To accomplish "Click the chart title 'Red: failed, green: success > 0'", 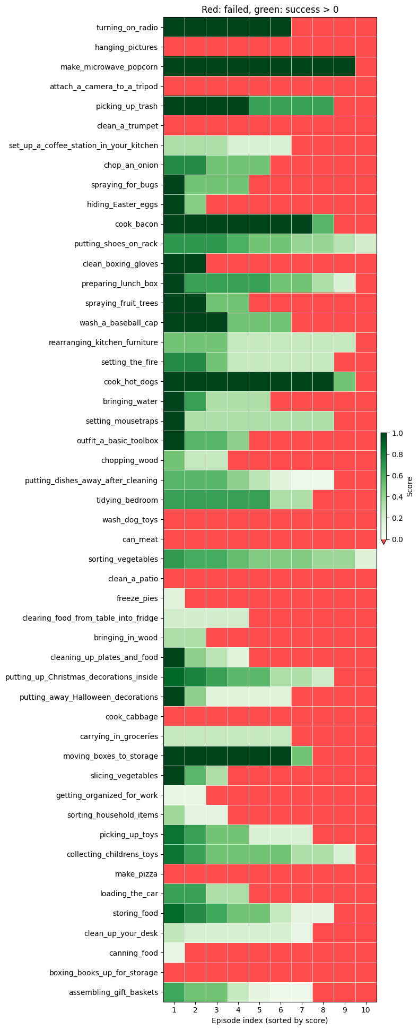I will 270,10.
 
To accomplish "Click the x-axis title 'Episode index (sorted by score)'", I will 270,1020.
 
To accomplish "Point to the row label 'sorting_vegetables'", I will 124,559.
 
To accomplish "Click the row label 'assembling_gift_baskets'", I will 114,992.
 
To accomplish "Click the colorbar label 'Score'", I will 409,486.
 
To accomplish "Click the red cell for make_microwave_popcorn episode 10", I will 366,66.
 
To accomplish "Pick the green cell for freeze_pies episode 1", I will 174,598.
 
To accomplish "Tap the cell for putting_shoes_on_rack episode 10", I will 366,244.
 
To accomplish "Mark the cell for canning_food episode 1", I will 174,952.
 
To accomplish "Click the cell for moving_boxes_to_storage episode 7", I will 302,756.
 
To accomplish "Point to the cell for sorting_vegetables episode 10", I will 366,559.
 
